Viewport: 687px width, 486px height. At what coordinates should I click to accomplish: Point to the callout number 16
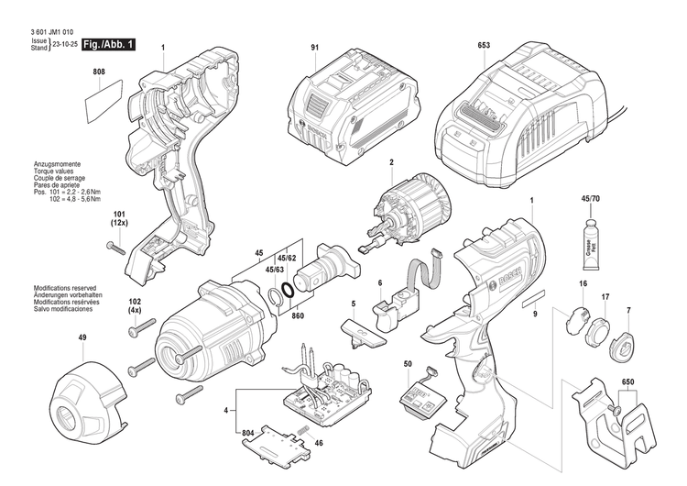pos(582,285)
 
